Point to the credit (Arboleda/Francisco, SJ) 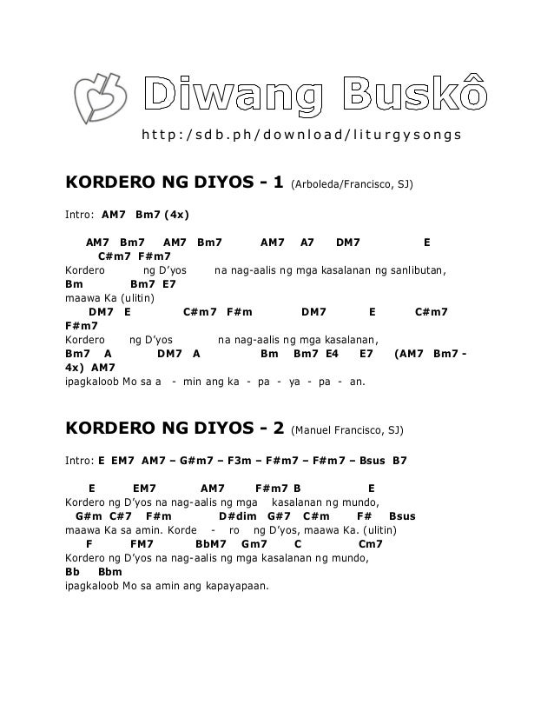point(352,185)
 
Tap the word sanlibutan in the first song point(419,270)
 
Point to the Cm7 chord point(371,544)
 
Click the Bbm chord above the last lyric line point(110,572)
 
